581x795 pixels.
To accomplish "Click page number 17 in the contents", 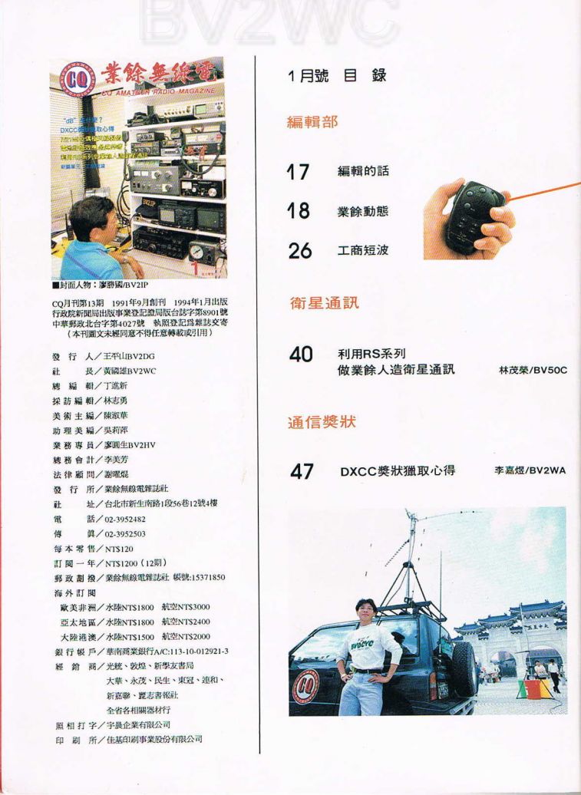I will click(298, 171).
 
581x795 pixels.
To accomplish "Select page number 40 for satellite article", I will click(300, 355).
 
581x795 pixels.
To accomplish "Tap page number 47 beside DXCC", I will click(301, 471).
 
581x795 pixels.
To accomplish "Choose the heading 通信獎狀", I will click(322, 422).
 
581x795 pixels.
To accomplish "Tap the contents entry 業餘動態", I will click(363, 212).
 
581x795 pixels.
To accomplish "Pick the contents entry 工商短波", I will click(363, 251).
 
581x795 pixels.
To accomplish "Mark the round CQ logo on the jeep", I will click(306, 681).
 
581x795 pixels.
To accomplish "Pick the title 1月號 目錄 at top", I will click(337, 75).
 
